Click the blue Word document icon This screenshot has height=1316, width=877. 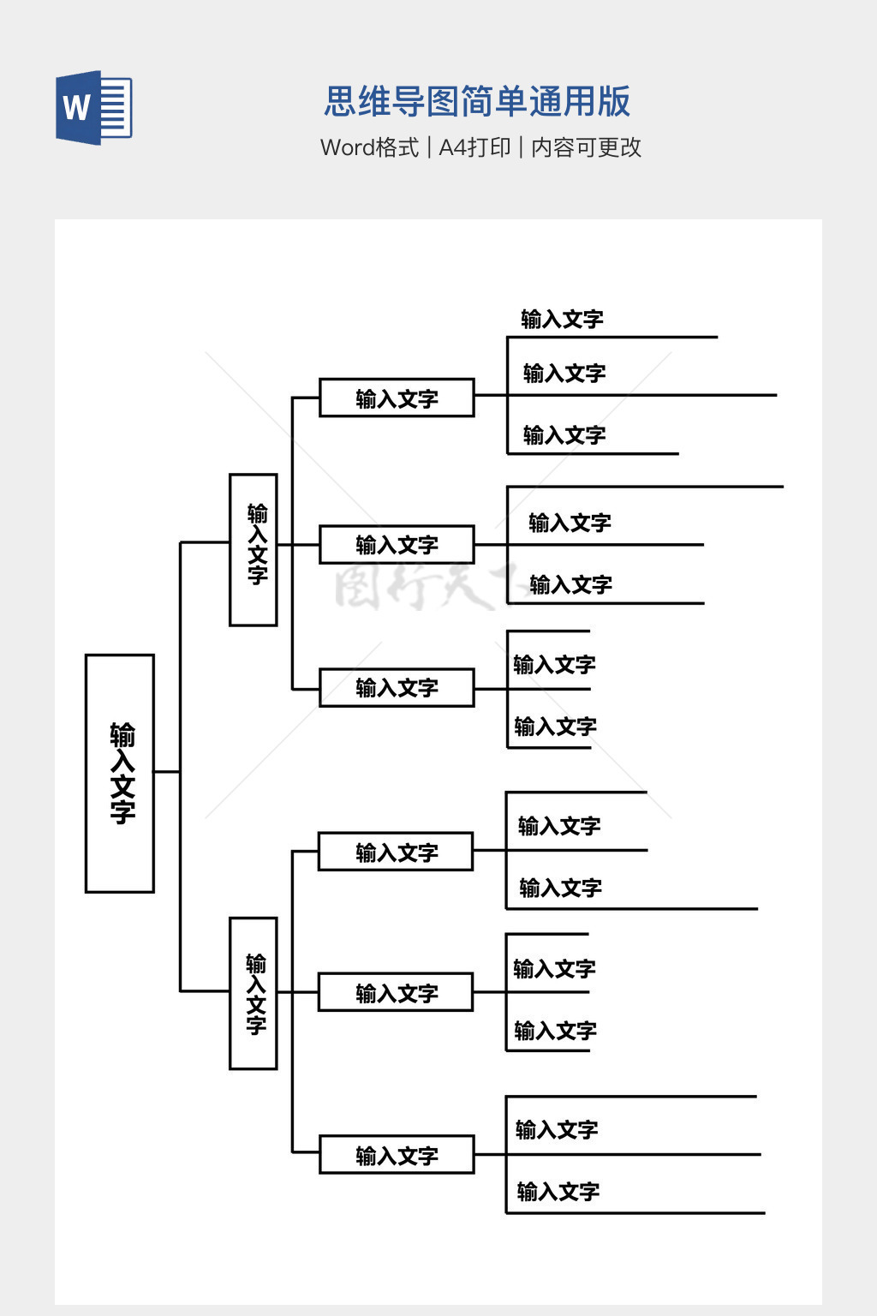coord(93,107)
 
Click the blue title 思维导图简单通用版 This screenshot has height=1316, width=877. coord(477,101)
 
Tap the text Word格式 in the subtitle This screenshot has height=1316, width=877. coord(369,147)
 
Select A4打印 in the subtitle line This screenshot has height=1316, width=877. coord(474,147)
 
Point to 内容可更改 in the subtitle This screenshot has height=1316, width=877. coord(586,147)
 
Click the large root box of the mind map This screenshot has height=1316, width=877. coord(120,773)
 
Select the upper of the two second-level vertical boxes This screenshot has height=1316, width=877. coord(254,549)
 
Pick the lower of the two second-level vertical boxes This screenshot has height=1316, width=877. coord(254,993)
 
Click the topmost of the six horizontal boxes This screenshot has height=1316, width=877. coord(397,398)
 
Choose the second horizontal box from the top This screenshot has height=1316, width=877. coord(397,545)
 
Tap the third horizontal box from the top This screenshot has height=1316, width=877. coord(397,688)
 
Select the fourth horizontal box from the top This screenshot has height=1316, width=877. coord(396,852)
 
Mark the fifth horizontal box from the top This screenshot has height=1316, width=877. coord(396,993)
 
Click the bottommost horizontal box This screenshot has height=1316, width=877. coord(397,1155)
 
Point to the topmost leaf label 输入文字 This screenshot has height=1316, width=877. coord(562,320)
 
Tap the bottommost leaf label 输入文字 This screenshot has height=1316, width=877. coord(558,1191)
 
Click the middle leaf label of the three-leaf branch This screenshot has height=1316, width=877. coord(564,374)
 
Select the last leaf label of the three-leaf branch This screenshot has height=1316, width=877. coord(564,435)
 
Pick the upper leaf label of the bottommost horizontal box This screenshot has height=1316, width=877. coord(557,1129)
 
